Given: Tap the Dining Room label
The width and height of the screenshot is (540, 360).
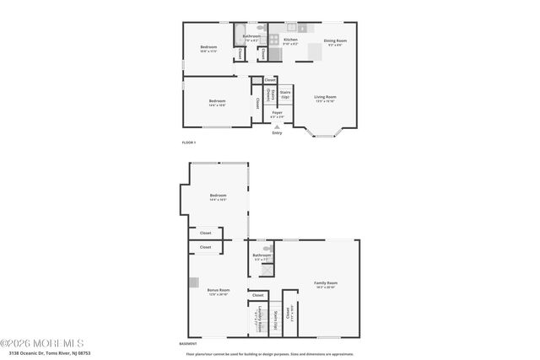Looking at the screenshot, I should (336, 40).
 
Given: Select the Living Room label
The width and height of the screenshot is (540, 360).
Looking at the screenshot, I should (326, 98).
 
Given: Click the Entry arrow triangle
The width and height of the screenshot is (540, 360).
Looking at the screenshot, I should (277, 126).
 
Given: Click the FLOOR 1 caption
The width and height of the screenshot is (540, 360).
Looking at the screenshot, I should (189, 142).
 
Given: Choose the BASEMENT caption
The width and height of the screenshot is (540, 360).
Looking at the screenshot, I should (189, 344).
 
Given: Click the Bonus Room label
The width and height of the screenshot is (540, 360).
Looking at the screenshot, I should (218, 291).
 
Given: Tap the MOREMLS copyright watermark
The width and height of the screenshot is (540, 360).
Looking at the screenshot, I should (42, 343).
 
